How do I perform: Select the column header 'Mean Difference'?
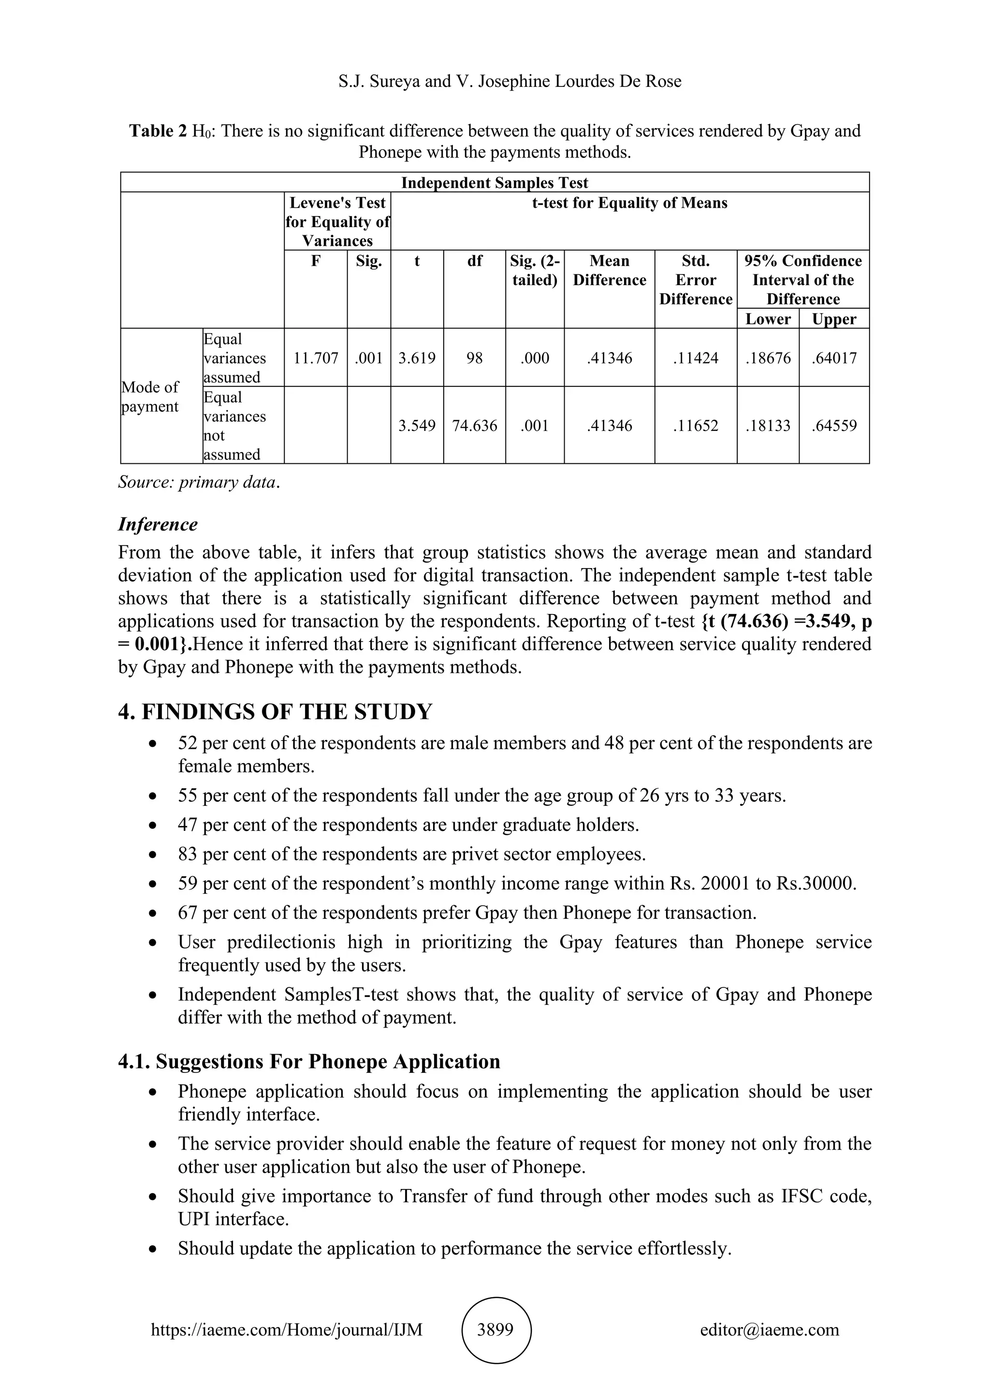[609, 271]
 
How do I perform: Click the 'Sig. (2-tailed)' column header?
[535, 271]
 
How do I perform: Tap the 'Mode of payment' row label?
[150, 397]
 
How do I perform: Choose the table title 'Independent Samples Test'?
[495, 183]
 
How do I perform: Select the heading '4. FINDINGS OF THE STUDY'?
[275, 712]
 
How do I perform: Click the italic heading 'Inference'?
[158, 525]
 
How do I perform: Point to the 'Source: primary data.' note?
[199, 483]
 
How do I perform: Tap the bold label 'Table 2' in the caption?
[158, 131]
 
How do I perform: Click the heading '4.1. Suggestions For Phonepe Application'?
[309, 1061]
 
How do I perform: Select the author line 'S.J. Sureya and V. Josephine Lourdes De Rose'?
[510, 81]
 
